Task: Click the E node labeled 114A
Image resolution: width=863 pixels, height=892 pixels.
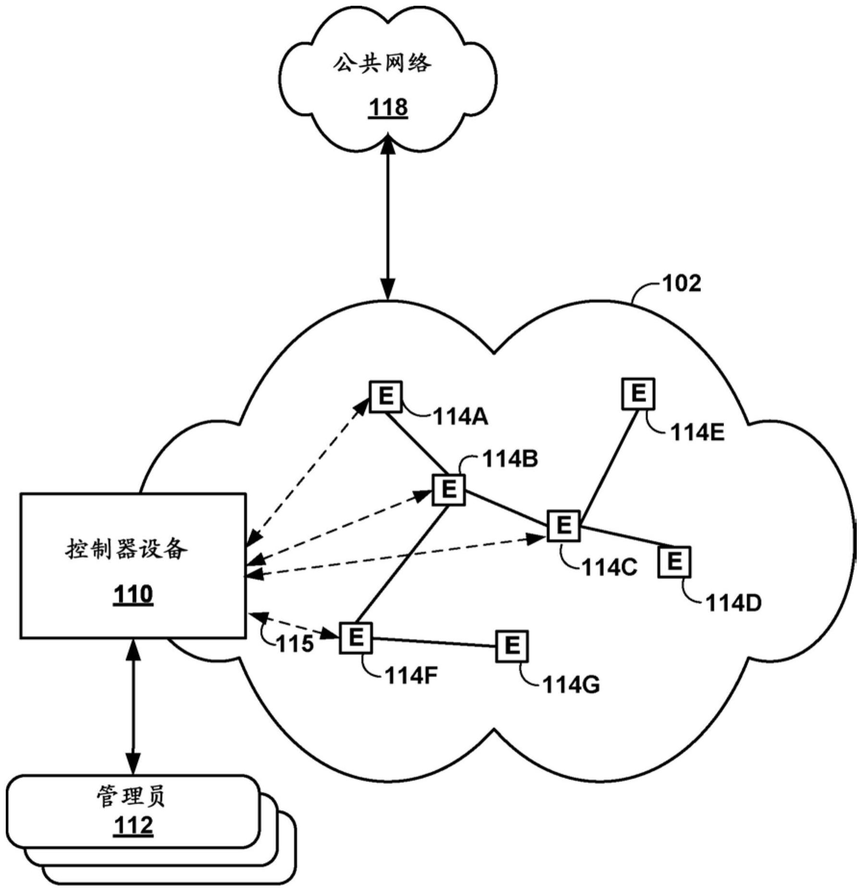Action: point(386,396)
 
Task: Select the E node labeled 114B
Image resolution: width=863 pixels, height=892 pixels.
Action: point(448,490)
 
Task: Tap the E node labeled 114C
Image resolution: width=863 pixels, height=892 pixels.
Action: point(563,525)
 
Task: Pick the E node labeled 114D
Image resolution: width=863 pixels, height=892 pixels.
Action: point(674,561)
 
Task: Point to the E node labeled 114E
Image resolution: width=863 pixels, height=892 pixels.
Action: point(638,394)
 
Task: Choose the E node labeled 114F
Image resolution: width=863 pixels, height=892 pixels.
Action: point(355,638)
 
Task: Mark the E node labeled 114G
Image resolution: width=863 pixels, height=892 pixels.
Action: point(512,646)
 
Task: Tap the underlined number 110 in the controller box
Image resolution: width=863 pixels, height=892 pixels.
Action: point(133,595)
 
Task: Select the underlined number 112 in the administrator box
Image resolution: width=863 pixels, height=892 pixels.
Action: point(133,825)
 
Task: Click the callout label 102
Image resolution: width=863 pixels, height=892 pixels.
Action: point(681,284)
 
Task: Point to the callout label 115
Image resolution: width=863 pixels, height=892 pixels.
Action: point(295,644)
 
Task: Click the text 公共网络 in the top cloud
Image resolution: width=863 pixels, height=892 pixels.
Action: point(382,63)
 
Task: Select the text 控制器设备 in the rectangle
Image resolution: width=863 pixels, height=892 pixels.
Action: point(126,549)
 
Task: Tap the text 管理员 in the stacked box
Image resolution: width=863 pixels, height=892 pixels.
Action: point(131,796)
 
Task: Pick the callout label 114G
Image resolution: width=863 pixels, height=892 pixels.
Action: point(571,684)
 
